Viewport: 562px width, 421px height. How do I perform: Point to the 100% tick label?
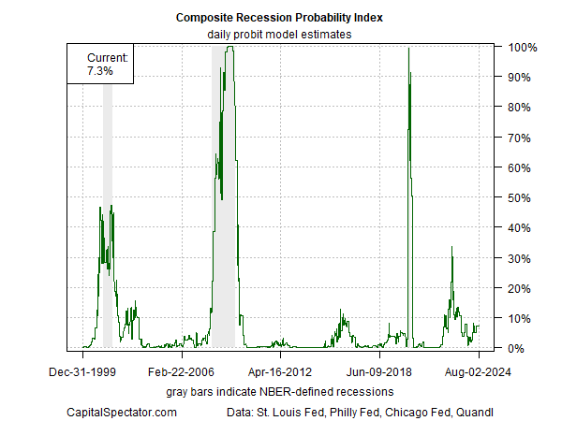click(x=522, y=47)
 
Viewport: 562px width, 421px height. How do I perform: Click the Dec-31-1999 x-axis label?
click(x=82, y=371)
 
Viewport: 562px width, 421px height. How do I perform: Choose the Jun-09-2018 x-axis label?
click(x=379, y=371)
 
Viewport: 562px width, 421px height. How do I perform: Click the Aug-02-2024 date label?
click(x=479, y=371)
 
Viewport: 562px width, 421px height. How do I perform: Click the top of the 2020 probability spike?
click(x=409, y=50)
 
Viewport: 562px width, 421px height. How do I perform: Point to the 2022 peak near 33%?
click(x=451, y=248)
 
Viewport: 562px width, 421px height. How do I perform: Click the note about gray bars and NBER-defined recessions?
click(x=279, y=390)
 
